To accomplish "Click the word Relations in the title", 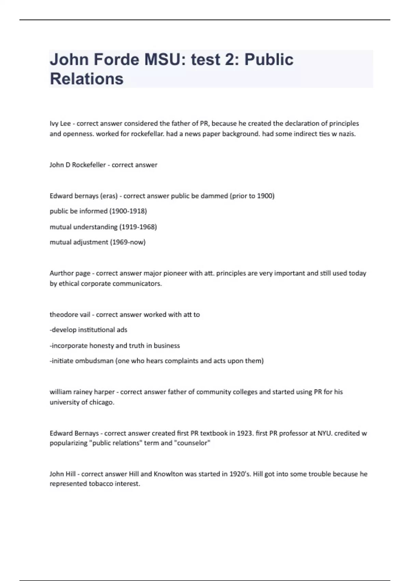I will pyautogui.click(x=86, y=79).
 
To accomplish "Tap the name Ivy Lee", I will pyautogui.click(x=60, y=123).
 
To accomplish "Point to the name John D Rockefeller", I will pyautogui.click(x=78, y=165).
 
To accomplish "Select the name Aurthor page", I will pyautogui.click(x=70, y=273).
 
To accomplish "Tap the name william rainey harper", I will pyautogui.click(x=82, y=392).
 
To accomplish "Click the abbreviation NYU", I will pyautogui.click(x=324, y=433).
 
